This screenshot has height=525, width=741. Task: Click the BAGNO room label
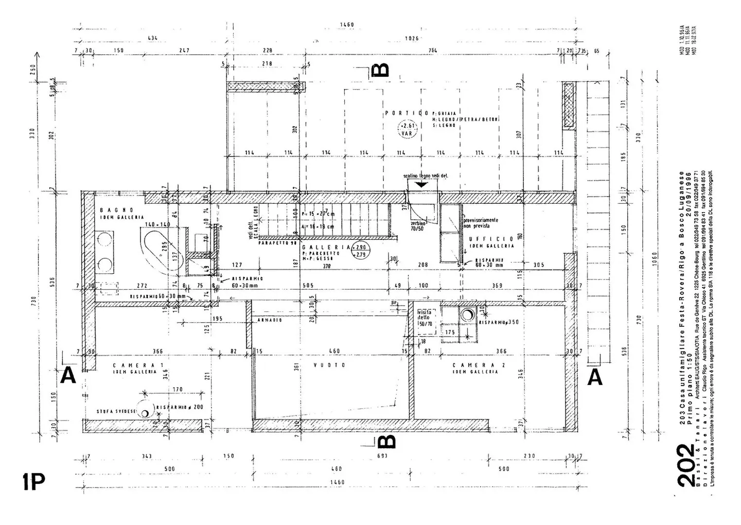click(x=117, y=210)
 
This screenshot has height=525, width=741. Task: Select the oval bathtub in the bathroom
click(x=157, y=251)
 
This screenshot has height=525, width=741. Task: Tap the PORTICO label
click(x=407, y=113)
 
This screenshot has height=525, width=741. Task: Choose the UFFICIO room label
click(x=491, y=239)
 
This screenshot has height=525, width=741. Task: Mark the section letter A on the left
click(x=68, y=377)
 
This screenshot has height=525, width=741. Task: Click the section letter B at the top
click(x=382, y=69)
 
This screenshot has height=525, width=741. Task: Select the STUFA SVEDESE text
click(x=117, y=412)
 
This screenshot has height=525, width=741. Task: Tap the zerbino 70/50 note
click(x=418, y=226)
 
